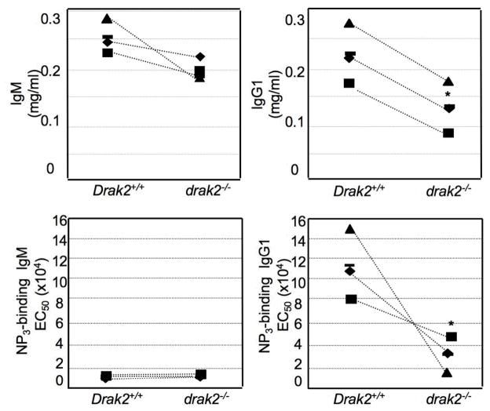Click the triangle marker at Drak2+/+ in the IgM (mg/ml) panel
point(108,18)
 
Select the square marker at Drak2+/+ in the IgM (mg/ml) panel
point(108,53)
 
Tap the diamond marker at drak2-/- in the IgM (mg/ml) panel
point(200,56)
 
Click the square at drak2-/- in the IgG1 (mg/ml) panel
point(448,133)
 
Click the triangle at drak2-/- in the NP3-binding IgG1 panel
point(447,373)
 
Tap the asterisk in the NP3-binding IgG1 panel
point(452,324)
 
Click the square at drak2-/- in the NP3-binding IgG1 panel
point(452,336)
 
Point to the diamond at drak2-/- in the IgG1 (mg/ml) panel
point(448,108)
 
